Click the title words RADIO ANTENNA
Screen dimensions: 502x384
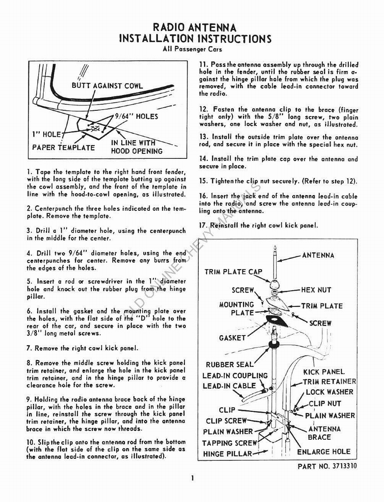pyautogui.click(x=195, y=27)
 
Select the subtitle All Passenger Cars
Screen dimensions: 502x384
pyautogui.click(x=192, y=49)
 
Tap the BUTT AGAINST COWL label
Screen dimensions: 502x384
pyautogui.click(x=107, y=86)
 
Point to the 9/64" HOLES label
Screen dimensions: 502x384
pyautogui.click(x=136, y=117)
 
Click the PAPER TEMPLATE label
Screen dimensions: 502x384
pyautogui.click(x=64, y=148)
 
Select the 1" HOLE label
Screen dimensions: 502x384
pyautogui.click(x=45, y=134)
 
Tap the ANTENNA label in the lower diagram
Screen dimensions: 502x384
pyautogui.click(x=318, y=255)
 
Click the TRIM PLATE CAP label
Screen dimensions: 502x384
pyautogui.click(x=233, y=272)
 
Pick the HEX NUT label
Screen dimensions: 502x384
pyautogui.click(x=316, y=290)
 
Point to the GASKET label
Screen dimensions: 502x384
pyautogui.click(x=232, y=338)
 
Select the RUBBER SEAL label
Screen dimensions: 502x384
pyautogui.click(x=230, y=365)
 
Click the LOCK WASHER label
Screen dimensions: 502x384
pyautogui.click(x=329, y=392)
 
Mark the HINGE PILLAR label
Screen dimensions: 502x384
pyautogui.click(x=228, y=454)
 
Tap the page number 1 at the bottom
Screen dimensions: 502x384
pyautogui.click(x=193, y=478)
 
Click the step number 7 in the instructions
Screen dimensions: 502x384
pyautogui.click(x=29, y=349)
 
